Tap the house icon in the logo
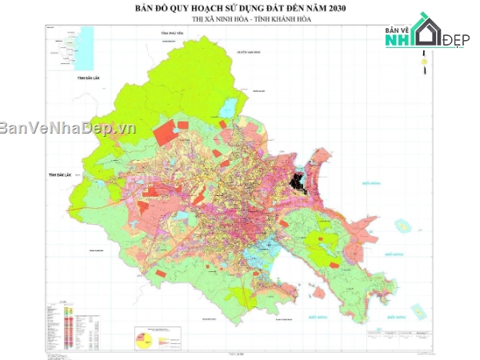tap(425, 30)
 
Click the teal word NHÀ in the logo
tap(403, 41)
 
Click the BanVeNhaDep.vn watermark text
tap(68, 128)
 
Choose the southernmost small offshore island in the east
tap(418, 310)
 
